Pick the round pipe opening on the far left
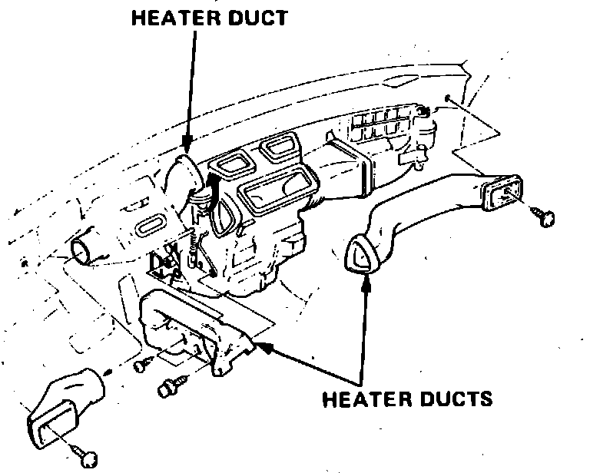pyautogui.click(x=81, y=250)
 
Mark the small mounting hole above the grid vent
pyautogui.click(x=446, y=98)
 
